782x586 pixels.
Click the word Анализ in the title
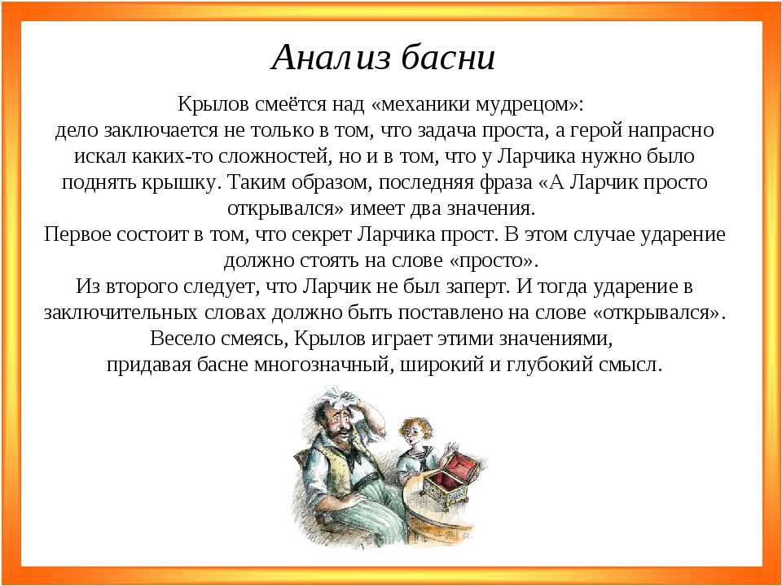(x=330, y=57)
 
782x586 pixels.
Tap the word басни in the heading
(x=447, y=56)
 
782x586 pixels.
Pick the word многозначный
(x=321, y=365)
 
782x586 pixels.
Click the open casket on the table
(x=446, y=480)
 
